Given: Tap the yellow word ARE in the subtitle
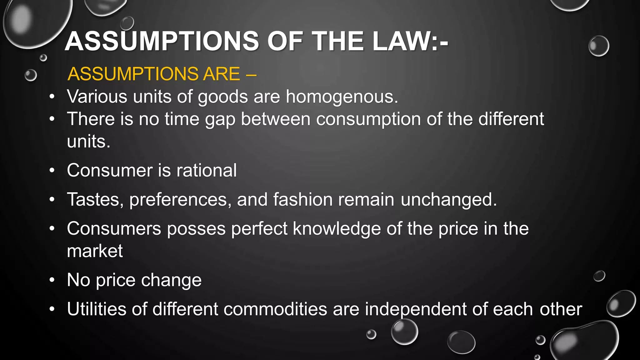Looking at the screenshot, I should tap(221, 74).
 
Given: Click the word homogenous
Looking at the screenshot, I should tap(342, 97).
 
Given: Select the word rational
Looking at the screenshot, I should tap(207, 170).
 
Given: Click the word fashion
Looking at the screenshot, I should tap(303, 199).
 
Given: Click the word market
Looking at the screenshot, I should tap(95, 251).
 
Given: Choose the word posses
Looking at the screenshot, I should tap(196, 229).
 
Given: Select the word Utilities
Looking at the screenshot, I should tap(97, 309).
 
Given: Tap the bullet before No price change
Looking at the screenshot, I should tap(52, 280).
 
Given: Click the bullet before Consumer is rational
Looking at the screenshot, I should tap(52, 171).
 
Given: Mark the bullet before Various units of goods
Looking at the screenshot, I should tap(52, 97).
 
